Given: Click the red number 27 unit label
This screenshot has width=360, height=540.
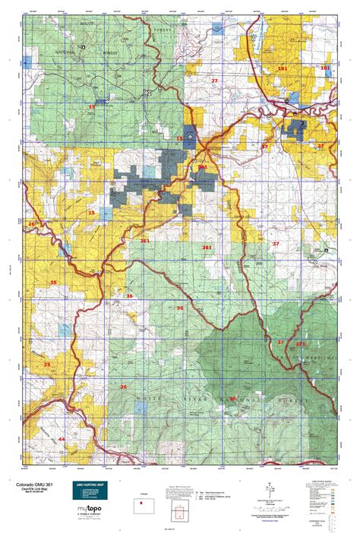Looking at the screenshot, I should (214, 81).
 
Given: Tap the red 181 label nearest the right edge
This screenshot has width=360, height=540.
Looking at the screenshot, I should (325, 68).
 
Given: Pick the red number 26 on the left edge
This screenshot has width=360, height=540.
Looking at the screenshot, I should (31, 223).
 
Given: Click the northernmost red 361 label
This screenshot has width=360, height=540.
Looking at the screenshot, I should (202, 166).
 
